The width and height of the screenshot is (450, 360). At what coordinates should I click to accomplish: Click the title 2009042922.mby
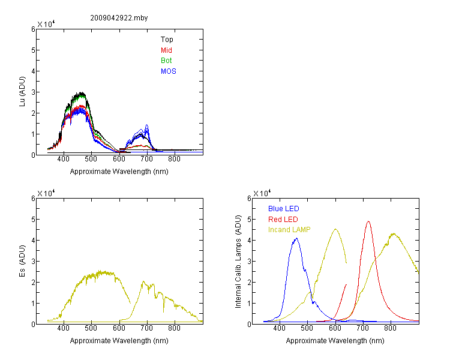(119, 18)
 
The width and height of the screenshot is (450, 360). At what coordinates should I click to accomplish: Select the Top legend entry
(167, 40)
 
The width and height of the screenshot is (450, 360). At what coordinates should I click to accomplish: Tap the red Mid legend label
(166, 50)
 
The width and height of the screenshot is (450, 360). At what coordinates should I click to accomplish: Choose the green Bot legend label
(166, 61)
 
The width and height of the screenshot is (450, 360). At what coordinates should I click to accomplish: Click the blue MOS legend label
(169, 71)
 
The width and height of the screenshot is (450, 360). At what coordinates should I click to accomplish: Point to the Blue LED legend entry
(284, 209)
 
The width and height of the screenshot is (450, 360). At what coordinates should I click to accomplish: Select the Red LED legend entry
(283, 220)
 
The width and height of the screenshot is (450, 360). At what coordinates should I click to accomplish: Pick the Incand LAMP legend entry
(289, 230)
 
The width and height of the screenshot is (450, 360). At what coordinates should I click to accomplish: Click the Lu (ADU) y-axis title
(22, 92)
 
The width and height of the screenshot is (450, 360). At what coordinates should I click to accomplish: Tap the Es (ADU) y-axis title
(22, 261)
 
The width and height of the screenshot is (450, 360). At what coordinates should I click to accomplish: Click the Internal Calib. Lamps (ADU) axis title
(238, 262)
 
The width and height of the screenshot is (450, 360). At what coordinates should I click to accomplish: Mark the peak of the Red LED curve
(368, 221)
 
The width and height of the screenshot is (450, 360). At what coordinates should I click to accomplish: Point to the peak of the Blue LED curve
(296, 238)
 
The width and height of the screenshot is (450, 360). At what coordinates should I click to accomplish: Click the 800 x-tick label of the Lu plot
(174, 159)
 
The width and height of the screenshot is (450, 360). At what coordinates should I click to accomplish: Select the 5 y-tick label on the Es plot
(33, 220)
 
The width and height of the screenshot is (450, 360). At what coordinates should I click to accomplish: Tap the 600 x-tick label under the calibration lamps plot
(335, 328)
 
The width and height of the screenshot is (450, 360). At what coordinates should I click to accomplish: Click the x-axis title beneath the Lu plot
(119, 172)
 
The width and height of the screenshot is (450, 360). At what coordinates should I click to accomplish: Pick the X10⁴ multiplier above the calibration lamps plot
(262, 193)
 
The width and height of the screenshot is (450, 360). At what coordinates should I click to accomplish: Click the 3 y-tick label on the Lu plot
(33, 92)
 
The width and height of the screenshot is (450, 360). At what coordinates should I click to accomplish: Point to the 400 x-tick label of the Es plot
(64, 328)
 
